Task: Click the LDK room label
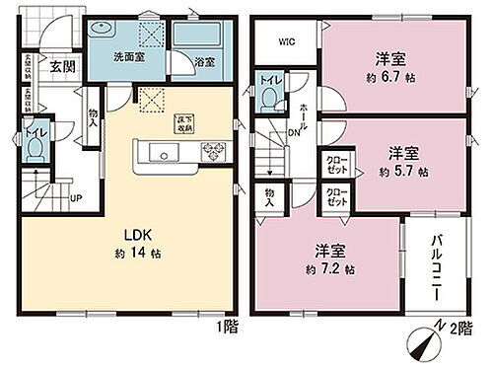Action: pos(136,234)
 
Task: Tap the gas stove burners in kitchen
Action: pos(213,151)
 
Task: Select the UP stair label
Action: pos(74,197)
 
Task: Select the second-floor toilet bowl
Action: pos(268,98)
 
